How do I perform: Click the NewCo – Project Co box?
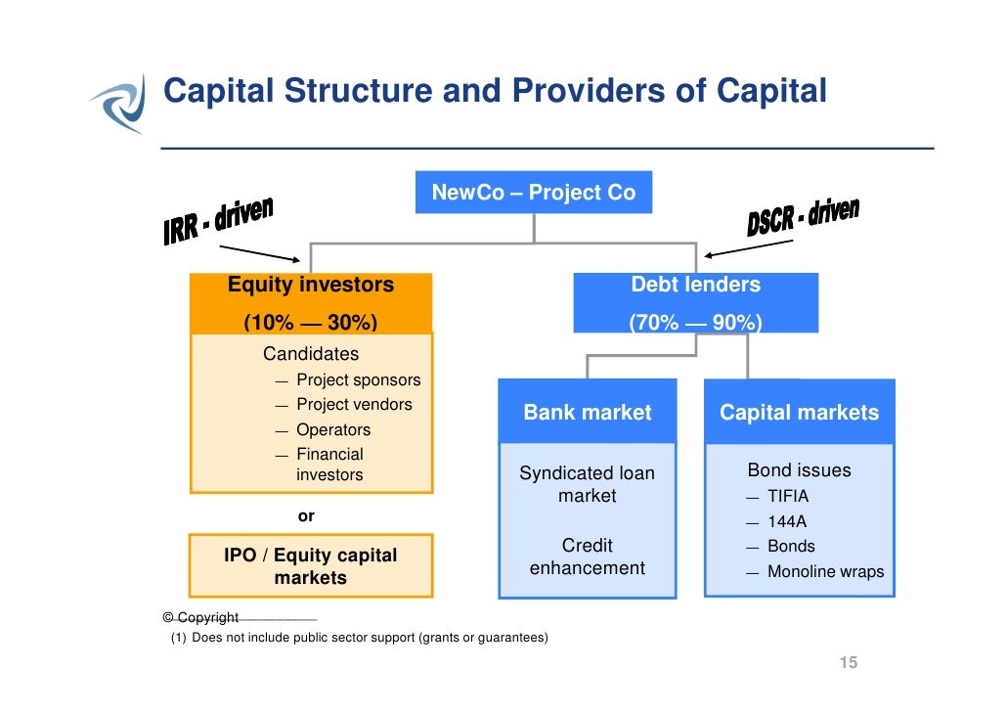[x=533, y=193]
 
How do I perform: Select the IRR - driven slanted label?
[x=218, y=221]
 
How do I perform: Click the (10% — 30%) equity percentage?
[x=310, y=323]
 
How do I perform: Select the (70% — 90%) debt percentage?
[x=695, y=323]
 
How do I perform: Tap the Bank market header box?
[x=587, y=413]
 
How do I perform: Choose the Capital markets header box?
[x=799, y=413]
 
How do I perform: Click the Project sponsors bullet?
[x=358, y=380]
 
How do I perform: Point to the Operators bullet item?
[x=333, y=430]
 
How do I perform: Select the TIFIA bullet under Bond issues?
[x=788, y=497]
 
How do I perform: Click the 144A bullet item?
[x=787, y=522]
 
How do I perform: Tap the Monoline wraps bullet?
[x=825, y=572]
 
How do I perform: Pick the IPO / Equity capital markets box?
[x=310, y=566]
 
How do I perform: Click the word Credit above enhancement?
[x=587, y=546]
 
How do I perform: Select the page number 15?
[x=848, y=664]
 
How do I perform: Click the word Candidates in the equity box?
[x=310, y=354]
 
